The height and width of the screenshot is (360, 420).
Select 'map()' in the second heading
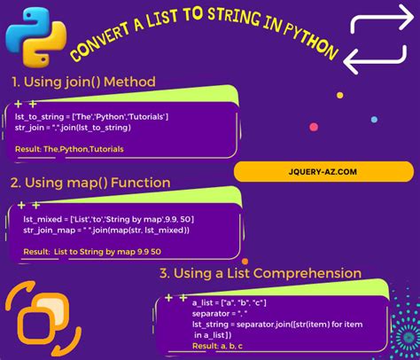95,184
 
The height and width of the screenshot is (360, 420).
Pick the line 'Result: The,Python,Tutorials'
71,148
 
